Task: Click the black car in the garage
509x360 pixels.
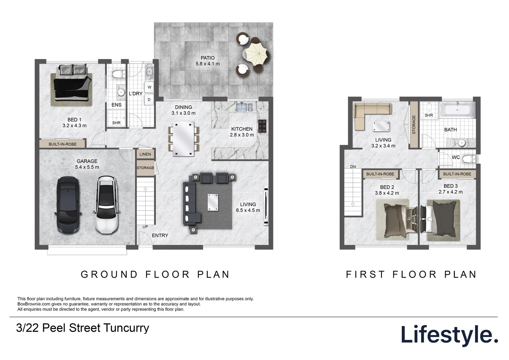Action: coord(68,205)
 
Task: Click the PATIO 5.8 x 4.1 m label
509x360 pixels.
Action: coord(208,61)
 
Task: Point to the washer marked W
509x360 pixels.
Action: coord(149,87)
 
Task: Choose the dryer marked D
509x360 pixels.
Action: coord(149,100)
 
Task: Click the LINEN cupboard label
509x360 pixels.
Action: coord(145,154)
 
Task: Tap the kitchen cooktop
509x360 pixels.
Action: coord(262,126)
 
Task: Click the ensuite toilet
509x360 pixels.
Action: coord(119,74)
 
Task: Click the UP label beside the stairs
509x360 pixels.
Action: coord(145,227)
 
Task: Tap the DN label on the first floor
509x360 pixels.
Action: coord(353,167)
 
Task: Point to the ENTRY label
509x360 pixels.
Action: coord(160,236)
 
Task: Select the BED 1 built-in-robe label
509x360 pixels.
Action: coord(63,144)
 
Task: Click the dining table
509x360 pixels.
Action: coord(183,139)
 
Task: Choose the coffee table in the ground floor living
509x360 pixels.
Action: coord(213,202)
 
